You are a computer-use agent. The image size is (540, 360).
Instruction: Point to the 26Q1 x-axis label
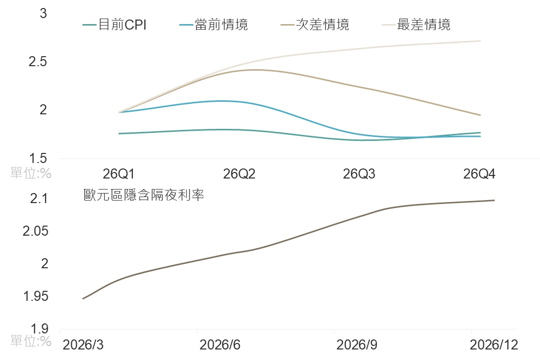[x=119, y=174]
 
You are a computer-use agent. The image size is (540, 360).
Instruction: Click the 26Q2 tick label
[x=239, y=174]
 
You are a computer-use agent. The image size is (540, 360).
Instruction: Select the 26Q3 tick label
[x=359, y=174]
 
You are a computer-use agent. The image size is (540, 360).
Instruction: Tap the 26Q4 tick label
[x=479, y=174]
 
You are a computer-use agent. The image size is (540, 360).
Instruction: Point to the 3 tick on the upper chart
[x=43, y=14]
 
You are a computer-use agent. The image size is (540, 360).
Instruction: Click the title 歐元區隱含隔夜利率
[x=144, y=195]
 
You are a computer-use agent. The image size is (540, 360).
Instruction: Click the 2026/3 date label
[x=83, y=345]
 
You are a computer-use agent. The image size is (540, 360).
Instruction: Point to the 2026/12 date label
[x=493, y=345]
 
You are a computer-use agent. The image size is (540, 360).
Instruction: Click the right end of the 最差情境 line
[x=480, y=41]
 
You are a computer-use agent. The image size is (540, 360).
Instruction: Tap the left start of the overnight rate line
[x=83, y=299]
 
